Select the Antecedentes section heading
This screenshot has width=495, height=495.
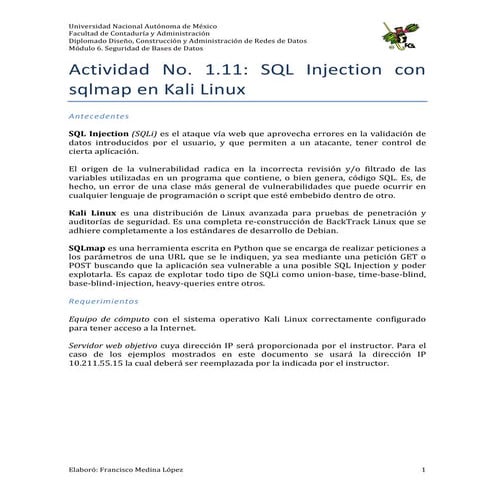[99, 116]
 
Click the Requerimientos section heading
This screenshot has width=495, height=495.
[104, 300]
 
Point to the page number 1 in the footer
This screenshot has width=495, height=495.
[424, 469]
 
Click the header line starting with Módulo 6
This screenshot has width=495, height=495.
[134, 47]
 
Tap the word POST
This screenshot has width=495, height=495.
[82, 261]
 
